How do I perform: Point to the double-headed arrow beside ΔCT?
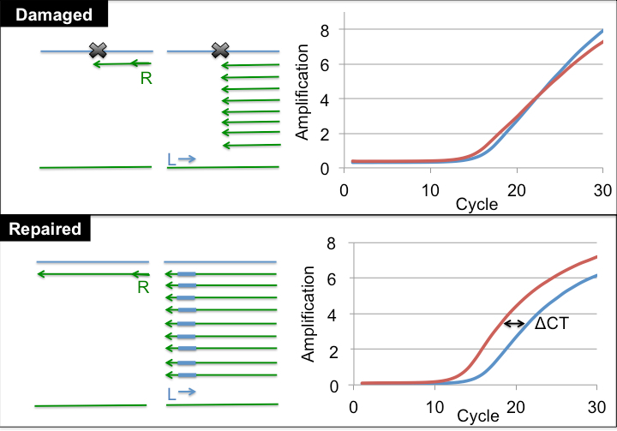514,323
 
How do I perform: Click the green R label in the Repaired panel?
144,288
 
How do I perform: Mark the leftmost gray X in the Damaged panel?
97,51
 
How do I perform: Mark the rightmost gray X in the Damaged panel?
220,51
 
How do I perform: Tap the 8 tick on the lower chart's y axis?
319,244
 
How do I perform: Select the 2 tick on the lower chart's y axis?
319,350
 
